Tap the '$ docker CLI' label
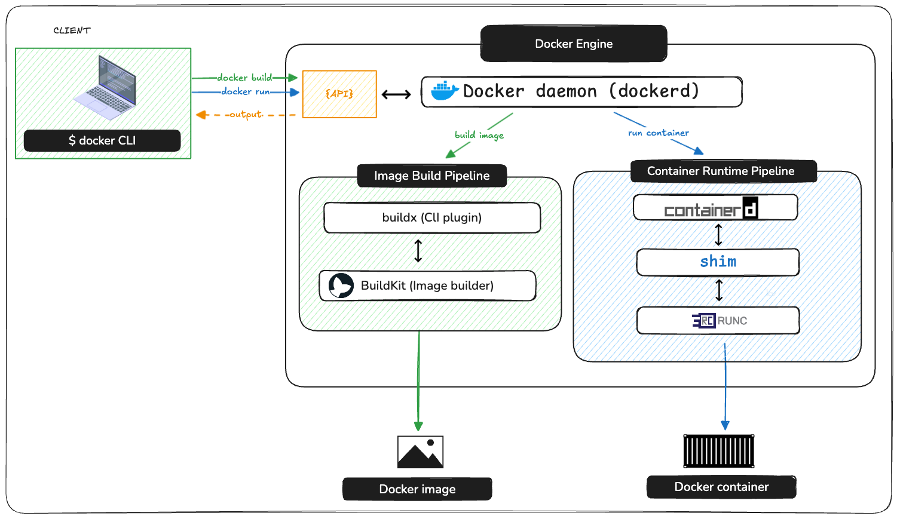[x=102, y=140]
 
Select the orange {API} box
[x=339, y=94]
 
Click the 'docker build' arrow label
[x=244, y=78]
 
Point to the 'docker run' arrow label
[x=245, y=91]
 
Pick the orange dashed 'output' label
[x=246, y=114]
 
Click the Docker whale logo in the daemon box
[x=445, y=91]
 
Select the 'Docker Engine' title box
[x=574, y=44]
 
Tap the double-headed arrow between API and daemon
[x=396, y=94]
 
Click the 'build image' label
[x=479, y=135]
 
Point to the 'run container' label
[x=658, y=133]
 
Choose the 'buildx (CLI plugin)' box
[x=432, y=217]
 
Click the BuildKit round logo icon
[x=341, y=285]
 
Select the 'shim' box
[x=718, y=262]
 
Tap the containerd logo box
[x=715, y=208]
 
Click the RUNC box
[x=718, y=321]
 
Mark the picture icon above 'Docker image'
[x=420, y=452]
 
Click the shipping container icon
[x=719, y=451]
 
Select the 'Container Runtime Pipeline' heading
[x=721, y=171]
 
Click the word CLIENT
[x=72, y=30]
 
